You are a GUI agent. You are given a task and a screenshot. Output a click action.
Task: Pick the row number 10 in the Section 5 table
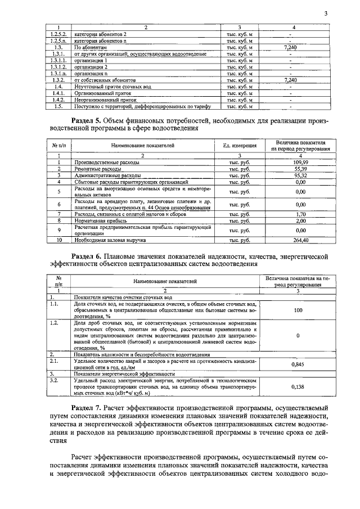coord(59,240)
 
